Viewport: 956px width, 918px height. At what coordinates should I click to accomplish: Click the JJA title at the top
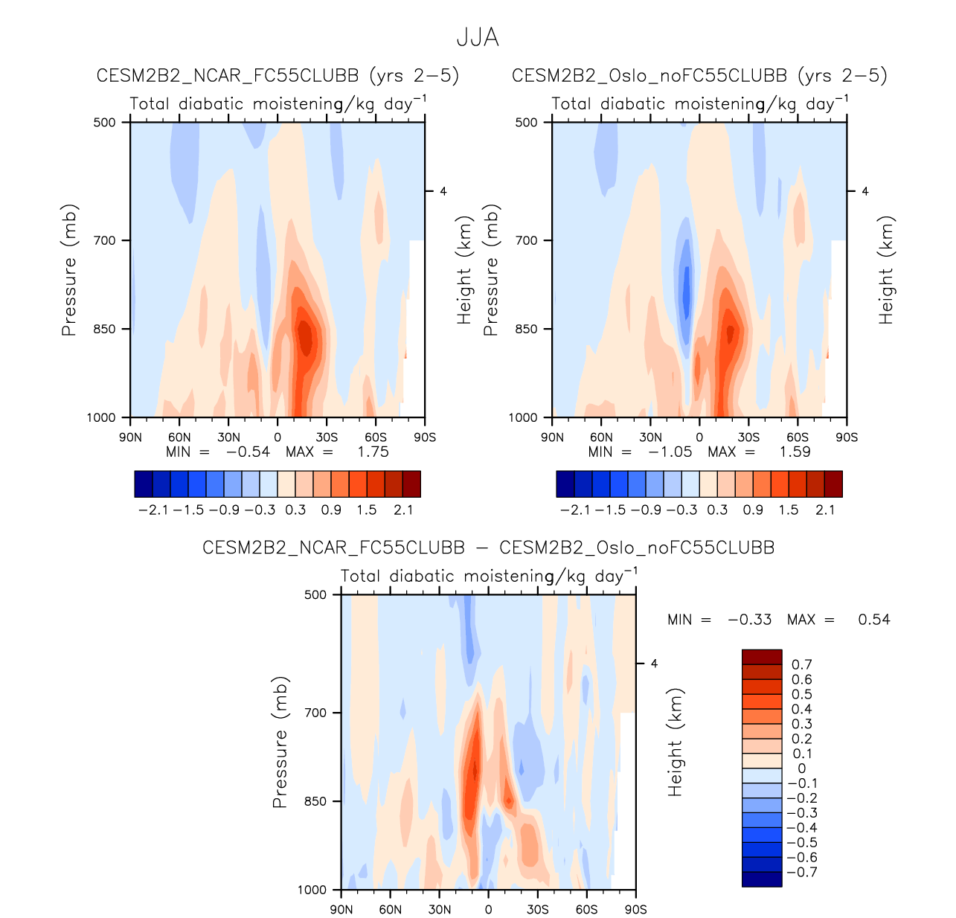click(x=477, y=38)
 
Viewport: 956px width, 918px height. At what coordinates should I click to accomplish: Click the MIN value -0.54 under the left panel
click(x=248, y=452)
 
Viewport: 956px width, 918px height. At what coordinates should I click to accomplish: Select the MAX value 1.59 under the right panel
click(x=795, y=452)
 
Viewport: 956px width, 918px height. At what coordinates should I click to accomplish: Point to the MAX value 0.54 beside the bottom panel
click(x=873, y=620)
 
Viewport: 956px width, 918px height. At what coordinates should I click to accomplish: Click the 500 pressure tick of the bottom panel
click(x=317, y=594)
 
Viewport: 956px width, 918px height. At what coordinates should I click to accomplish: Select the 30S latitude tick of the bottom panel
click(x=537, y=909)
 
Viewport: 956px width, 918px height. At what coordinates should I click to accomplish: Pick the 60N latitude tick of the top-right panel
click(x=601, y=437)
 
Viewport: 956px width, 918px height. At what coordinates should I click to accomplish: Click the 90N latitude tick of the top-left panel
click(x=131, y=437)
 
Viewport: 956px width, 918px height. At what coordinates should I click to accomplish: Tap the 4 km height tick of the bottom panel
click(x=654, y=663)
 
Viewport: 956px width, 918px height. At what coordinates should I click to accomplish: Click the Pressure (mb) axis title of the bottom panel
click(x=280, y=742)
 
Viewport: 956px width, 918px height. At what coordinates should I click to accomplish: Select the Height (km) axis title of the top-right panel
click(x=885, y=270)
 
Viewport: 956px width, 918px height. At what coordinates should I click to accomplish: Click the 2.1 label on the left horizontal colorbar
click(x=402, y=510)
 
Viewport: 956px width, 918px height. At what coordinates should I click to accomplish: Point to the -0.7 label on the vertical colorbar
click(x=801, y=872)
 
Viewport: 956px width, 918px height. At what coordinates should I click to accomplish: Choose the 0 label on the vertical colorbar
click(x=801, y=768)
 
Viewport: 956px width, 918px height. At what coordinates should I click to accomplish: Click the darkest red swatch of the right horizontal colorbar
click(x=833, y=484)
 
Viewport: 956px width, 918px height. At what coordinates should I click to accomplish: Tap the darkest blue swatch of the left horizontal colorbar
click(x=144, y=484)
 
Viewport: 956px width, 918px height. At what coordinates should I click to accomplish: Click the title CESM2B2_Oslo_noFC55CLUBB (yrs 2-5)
click(x=699, y=76)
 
